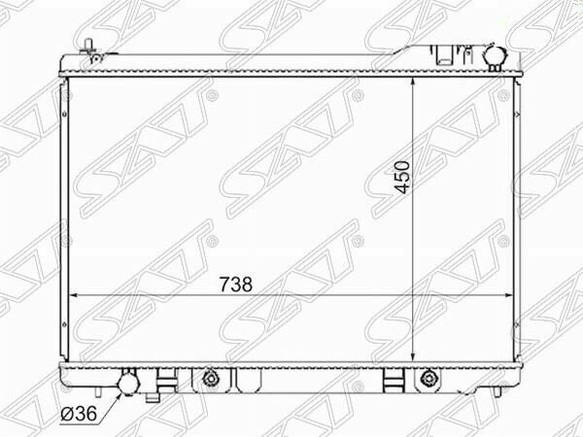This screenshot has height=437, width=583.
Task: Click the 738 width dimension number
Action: [236, 285]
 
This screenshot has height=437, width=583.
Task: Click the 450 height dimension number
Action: [402, 178]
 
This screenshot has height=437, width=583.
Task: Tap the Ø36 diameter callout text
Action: [80, 414]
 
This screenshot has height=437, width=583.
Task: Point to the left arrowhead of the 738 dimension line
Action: [74, 295]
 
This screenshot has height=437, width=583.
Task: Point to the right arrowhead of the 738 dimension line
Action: [508, 295]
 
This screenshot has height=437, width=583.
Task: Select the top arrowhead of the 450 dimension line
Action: [413, 83]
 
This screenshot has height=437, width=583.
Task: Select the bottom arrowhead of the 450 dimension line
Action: [413, 356]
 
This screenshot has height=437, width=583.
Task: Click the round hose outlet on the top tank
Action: [494, 55]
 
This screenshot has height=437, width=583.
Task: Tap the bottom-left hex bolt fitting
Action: [211, 379]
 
